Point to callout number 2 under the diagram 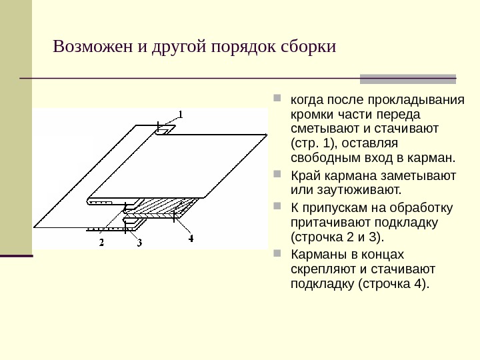(x=102, y=243)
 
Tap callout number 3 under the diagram (x=139, y=243)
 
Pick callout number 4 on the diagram (x=191, y=237)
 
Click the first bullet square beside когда (x=278, y=101)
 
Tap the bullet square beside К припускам (x=278, y=207)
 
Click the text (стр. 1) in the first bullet (x=311, y=143)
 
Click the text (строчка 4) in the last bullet (x=394, y=285)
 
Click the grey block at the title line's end (x=408, y=79)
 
